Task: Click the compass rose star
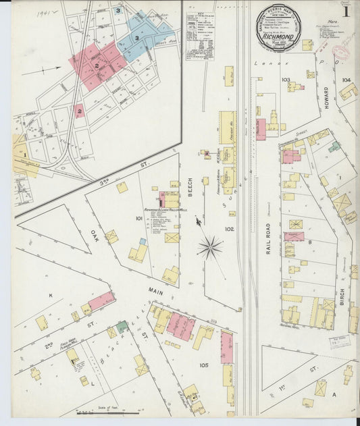pos(210,248)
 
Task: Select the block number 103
pos(286,80)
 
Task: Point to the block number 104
pos(346,80)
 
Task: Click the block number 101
pos(139,218)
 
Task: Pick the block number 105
pos(204,365)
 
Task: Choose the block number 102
pos(229,229)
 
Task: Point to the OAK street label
pos(94,236)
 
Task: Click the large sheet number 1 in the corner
pos(345,11)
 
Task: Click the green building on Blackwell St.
pos(122,327)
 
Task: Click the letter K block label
pos(50,295)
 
